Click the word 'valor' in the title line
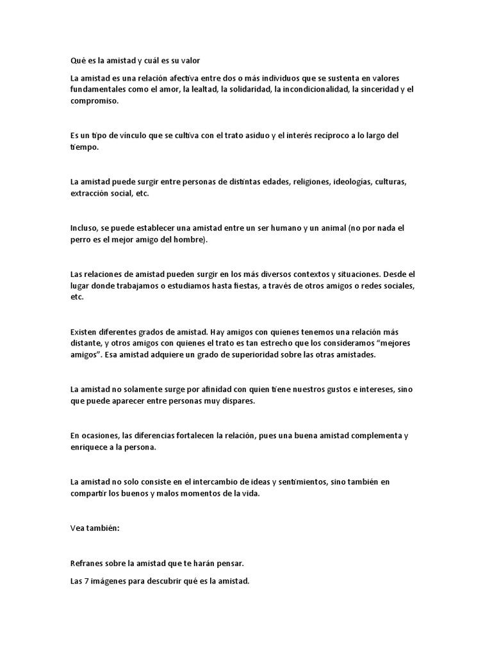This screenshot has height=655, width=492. [190, 61]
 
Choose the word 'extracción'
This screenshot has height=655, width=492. [90, 193]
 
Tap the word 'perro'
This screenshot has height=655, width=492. [81, 239]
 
